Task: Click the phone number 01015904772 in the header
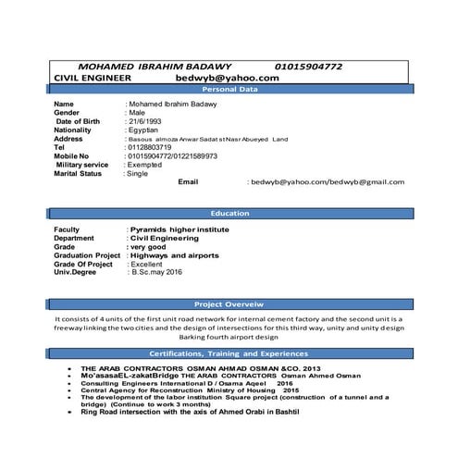tap(322, 68)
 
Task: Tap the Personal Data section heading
tap(229, 90)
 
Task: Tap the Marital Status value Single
tap(139, 173)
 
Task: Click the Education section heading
tap(229, 213)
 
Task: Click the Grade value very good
tap(152, 246)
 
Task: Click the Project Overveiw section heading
tap(229, 303)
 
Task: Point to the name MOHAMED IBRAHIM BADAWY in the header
tap(155, 68)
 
